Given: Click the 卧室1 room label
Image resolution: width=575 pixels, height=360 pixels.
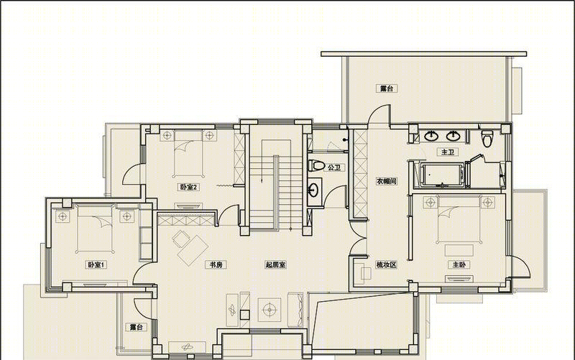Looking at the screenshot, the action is click(96, 264).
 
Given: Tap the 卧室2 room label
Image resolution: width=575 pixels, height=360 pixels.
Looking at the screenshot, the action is click(189, 188).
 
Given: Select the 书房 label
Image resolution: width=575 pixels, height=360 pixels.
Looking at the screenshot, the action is click(216, 264).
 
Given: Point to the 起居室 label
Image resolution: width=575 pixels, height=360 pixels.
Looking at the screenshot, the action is click(275, 264).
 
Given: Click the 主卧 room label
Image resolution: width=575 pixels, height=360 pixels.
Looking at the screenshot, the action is click(459, 264).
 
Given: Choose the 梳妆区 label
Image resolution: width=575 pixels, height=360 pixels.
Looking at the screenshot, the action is click(386, 264).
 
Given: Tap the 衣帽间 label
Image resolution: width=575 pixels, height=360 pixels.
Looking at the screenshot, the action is click(386, 181).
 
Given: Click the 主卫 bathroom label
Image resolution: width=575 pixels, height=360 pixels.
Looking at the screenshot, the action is click(447, 152).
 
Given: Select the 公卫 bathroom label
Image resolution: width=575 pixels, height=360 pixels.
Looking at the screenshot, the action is click(334, 167).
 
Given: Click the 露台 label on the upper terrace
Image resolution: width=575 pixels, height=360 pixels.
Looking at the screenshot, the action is click(387, 88).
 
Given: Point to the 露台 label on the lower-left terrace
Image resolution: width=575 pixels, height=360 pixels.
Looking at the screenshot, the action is click(136, 327).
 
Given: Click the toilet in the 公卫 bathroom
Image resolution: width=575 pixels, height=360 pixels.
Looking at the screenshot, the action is click(316, 165).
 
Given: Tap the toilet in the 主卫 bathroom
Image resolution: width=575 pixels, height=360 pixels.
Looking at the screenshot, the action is click(487, 139).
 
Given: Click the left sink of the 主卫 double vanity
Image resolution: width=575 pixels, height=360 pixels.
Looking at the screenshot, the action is click(431, 136).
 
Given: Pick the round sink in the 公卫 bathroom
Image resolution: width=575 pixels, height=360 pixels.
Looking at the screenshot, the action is click(313, 190).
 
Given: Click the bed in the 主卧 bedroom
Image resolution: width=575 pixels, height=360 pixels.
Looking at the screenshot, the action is click(459, 220).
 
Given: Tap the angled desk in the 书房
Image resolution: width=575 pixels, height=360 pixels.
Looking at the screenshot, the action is click(193, 251).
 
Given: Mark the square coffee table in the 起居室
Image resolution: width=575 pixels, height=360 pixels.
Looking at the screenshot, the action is click(270, 310).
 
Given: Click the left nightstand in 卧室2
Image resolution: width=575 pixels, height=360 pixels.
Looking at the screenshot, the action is click(167, 135).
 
